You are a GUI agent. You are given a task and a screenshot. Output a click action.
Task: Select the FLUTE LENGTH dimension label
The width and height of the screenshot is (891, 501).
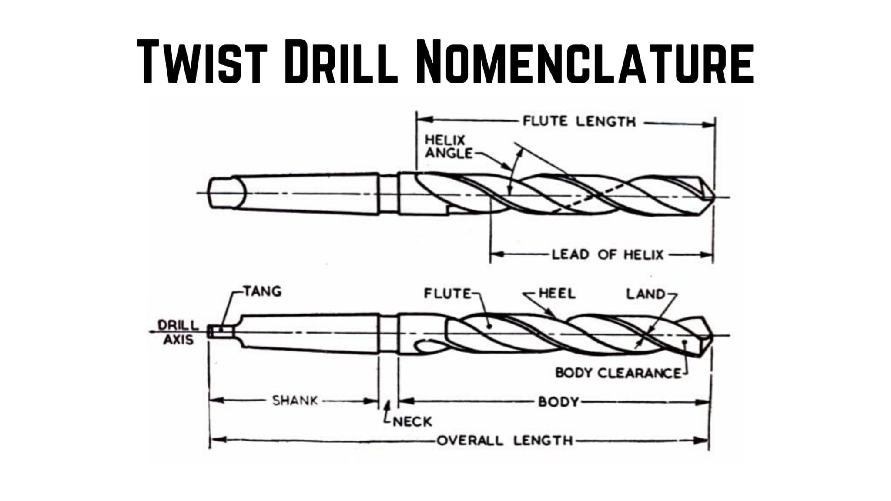579,121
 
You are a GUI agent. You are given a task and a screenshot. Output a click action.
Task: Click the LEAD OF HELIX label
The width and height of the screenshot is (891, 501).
607,254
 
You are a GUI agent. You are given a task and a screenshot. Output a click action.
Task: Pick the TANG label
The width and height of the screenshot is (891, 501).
262,291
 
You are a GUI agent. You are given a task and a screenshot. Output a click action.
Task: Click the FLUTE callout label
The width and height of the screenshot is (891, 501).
448,294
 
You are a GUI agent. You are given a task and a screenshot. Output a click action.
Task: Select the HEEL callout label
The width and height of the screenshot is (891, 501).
557,294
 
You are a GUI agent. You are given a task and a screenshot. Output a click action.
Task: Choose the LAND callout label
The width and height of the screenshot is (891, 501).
646,294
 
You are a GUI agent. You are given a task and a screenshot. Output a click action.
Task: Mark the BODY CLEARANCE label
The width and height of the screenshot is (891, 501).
618,373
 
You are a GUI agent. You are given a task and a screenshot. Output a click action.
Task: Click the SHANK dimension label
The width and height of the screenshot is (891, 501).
295,401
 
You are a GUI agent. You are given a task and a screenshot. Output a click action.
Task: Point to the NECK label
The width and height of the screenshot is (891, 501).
412,421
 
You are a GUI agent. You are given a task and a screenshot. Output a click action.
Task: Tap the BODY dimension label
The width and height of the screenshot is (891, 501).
558,401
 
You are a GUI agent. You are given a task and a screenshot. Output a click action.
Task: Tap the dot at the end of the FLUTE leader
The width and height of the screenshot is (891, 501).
489,325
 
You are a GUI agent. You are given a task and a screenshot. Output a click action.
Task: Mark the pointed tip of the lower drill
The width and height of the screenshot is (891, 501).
712,336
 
